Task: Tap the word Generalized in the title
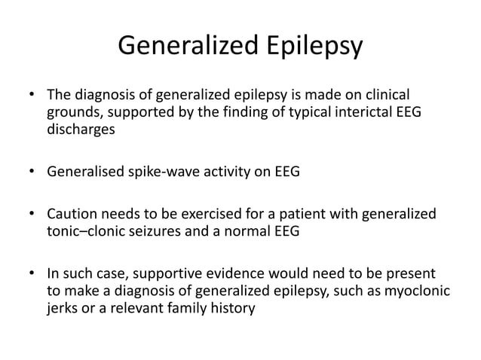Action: pos(187,47)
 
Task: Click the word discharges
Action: pos(78,129)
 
